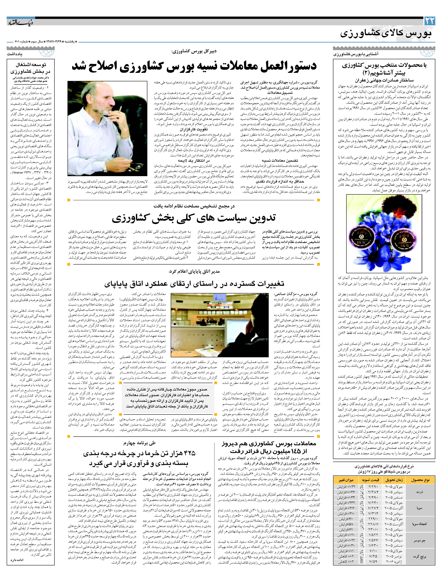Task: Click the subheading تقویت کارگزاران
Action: [x=194, y=129]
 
